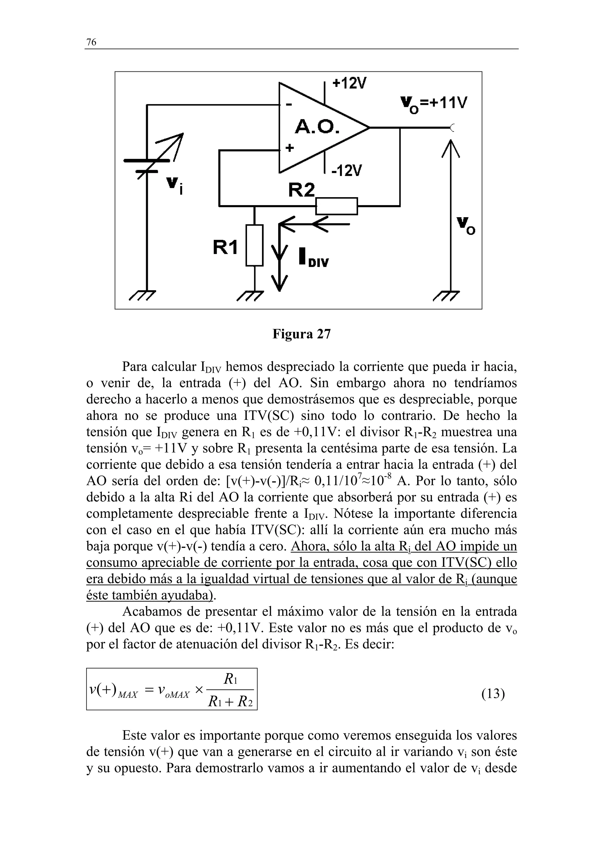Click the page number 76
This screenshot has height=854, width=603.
tap(91, 42)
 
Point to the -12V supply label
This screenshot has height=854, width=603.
tap(346, 171)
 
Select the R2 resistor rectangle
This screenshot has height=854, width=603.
tap(337, 206)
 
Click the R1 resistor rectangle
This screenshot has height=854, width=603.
tap(254, 245)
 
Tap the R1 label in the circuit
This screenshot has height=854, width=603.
tap(225, 247)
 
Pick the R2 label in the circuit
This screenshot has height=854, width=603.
tap(301, 190)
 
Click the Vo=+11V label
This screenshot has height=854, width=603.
tap(434, 103)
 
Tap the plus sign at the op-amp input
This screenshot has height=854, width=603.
tap(289, 148)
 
